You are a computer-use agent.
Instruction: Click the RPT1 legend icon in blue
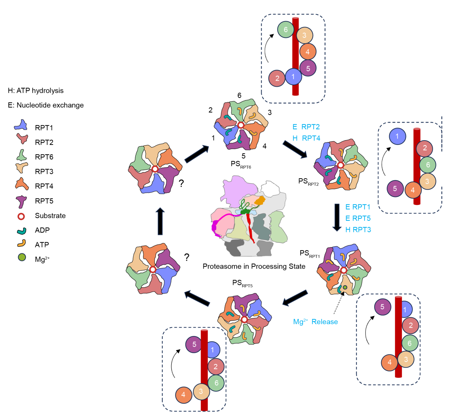[21, 125]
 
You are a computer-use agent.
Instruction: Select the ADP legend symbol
[22, 231]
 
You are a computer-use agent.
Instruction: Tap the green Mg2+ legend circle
[22, 257]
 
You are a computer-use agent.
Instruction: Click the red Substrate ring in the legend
[21, 216]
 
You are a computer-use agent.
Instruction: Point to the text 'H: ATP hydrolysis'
[35, 90]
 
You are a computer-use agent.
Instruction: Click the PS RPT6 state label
[240, 164]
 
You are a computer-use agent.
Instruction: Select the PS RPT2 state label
[308, 182]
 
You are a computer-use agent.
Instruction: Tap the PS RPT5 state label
[242, 283]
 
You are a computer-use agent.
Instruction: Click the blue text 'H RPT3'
[358, 230]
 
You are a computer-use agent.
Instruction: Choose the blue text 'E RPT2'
[306, 127]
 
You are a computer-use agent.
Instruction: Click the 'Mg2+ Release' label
[315, 322]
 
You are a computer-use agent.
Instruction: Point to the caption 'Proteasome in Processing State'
[254, 266]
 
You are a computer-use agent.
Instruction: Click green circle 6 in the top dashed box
[285, 30]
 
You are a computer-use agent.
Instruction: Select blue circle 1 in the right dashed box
[397, 136]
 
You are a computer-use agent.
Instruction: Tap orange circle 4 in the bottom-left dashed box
[183, 395]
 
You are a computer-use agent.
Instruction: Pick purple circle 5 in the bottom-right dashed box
[382, 307]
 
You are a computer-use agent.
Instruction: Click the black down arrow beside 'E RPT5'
[337, 217]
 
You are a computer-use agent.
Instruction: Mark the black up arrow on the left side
[160, 221]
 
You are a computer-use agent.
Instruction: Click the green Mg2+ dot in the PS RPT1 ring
[345, 288]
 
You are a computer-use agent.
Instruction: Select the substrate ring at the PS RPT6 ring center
[241, 125]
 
